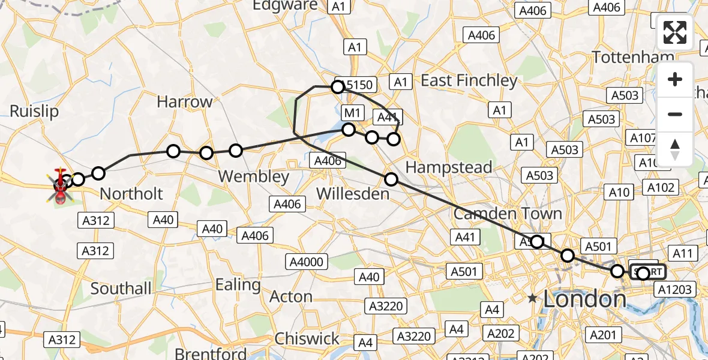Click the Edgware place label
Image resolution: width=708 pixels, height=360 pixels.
pos(284,6)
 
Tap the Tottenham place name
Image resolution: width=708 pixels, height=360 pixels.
pos(633,57)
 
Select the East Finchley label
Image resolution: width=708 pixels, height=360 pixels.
pos(469,80)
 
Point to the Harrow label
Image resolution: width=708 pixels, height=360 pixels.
pos(185,102)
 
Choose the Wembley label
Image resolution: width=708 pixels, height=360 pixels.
pos(253,177)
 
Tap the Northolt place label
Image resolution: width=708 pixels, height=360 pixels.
pos(131,194)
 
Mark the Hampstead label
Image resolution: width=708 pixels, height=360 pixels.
pos(449,167)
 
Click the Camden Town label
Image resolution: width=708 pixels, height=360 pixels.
pos(508,214)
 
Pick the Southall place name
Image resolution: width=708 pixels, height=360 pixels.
pos(121,289)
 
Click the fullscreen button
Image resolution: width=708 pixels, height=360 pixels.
pos(675,32)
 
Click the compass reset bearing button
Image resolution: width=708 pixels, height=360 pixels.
pos(675,149)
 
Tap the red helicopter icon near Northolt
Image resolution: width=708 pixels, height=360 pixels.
pos(61,185)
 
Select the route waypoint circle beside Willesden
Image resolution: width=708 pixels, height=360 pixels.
pos(391,179)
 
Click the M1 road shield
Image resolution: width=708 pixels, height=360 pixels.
pos(352,113)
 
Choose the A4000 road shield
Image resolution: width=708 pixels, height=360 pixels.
pos(307,262)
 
